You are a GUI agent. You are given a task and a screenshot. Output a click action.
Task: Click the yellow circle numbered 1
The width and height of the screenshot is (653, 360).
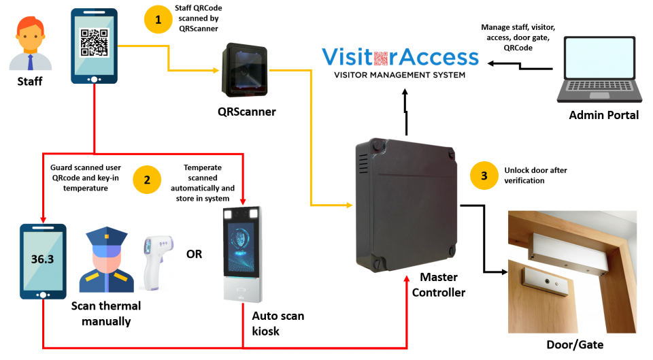tap(158, 20)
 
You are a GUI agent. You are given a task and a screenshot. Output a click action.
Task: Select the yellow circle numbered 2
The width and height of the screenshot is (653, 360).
tap(147, 180)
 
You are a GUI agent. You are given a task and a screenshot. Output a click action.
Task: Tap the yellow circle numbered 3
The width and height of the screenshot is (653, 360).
tap(484, 176)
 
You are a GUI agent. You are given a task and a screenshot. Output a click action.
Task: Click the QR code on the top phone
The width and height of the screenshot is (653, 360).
tap(94, 42)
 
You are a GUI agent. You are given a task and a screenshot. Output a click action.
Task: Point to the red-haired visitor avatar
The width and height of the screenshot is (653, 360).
tap(31, 44)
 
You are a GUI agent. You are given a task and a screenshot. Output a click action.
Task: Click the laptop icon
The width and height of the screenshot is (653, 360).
tap(599, 69)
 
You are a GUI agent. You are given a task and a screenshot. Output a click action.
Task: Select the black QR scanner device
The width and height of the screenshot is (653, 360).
tap(245, 71)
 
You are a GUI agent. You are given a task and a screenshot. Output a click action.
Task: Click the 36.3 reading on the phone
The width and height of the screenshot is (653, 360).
tap(42, 259)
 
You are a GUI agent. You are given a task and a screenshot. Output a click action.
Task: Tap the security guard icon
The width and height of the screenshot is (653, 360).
tap(106, 260)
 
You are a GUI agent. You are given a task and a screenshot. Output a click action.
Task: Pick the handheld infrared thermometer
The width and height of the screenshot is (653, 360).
tap(157, 261)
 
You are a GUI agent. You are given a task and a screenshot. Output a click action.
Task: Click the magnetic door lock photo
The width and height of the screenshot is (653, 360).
tap(572, 272)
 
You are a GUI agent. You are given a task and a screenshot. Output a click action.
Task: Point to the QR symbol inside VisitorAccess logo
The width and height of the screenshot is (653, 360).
tap(381, 58)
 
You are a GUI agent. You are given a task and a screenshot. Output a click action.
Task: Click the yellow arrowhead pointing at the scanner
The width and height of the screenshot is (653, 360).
tap(216, 70)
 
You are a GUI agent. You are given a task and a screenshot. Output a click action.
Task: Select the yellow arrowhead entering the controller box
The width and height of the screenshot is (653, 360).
tap(350, 205)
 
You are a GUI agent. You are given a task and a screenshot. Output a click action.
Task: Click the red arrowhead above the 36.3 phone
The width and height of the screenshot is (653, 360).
tap(43, 219)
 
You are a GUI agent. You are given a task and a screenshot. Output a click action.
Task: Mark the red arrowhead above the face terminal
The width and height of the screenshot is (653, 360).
tap(243, 202)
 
